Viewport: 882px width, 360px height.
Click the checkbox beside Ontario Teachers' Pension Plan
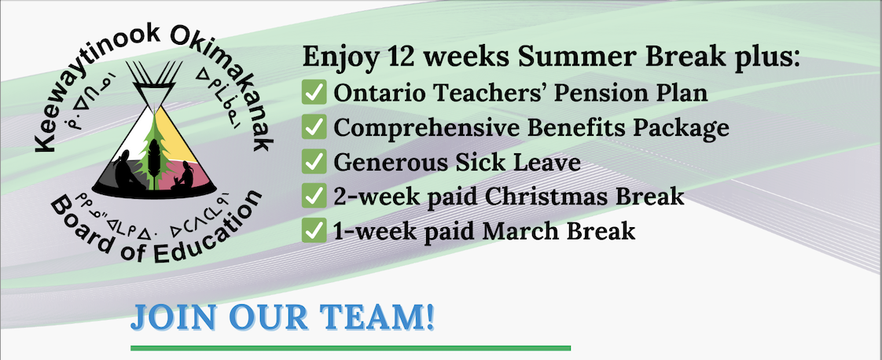314,93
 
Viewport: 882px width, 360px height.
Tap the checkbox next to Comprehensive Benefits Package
314,127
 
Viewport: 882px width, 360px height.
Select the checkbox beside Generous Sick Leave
314,161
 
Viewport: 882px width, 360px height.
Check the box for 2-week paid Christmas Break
314,196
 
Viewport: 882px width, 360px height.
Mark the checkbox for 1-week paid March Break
314,230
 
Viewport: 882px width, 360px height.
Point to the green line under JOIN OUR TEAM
351,348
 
